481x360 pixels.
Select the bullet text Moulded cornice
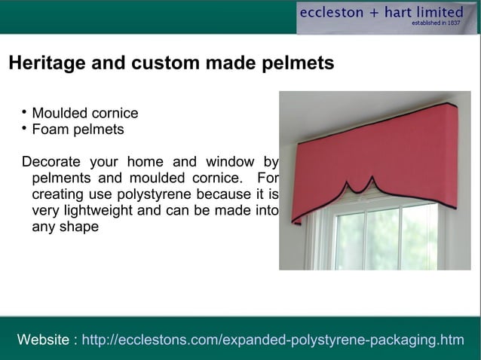[x=84, y=114]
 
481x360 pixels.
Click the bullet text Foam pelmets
[x=78, y=130]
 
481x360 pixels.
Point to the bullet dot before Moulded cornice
[x=25, y=113]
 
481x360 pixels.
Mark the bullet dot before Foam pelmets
[x=25, y=129]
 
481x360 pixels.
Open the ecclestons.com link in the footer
[x=272, y=340]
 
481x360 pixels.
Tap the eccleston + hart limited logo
[x=381, y=13]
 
